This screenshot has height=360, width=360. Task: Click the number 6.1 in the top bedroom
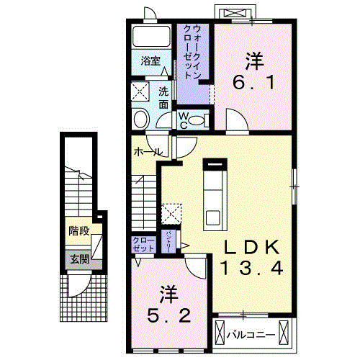pyautogui.click(x=251, y=82)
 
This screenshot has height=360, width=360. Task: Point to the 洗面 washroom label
pyautogui.click(x=163, y=98)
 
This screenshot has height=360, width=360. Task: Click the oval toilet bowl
pyautogui.click(x=142, y=119)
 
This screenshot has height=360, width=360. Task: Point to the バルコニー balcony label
pyautogui.click(x=250, y=335)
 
